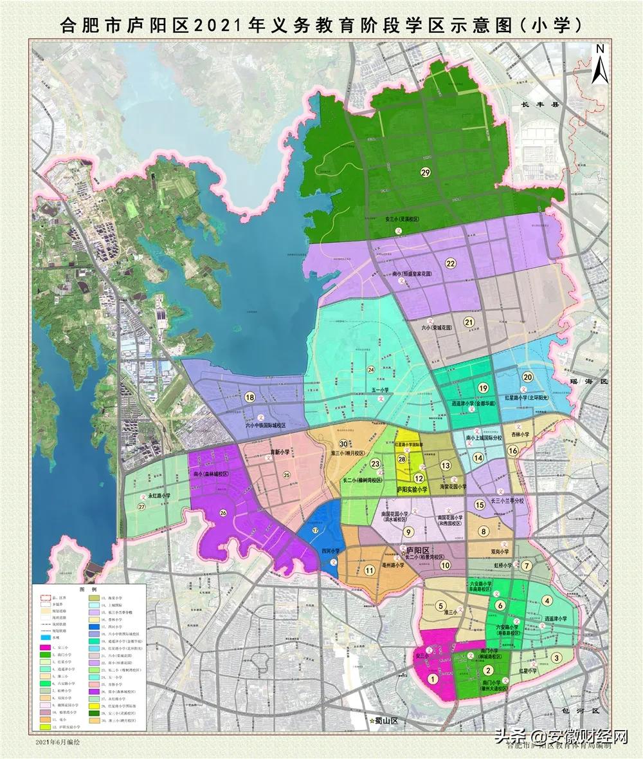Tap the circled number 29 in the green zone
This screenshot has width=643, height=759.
tap(425, 171)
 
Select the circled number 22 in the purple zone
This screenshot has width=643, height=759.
tap(450, 263)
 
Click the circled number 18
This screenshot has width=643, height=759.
tap(249, 398)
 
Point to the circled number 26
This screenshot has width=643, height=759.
tap(223, 512)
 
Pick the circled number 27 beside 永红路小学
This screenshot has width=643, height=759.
tap(141, 507)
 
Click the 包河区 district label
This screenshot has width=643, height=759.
tap(585, 711)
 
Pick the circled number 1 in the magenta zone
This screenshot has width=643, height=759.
tap(433, 678)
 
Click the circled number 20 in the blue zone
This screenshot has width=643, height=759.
tap(527, 377)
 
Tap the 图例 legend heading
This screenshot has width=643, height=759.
tap(87, 589)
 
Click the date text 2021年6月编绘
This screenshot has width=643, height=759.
tap(59, 742)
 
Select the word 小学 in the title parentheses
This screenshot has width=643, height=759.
tap(549, 25)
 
